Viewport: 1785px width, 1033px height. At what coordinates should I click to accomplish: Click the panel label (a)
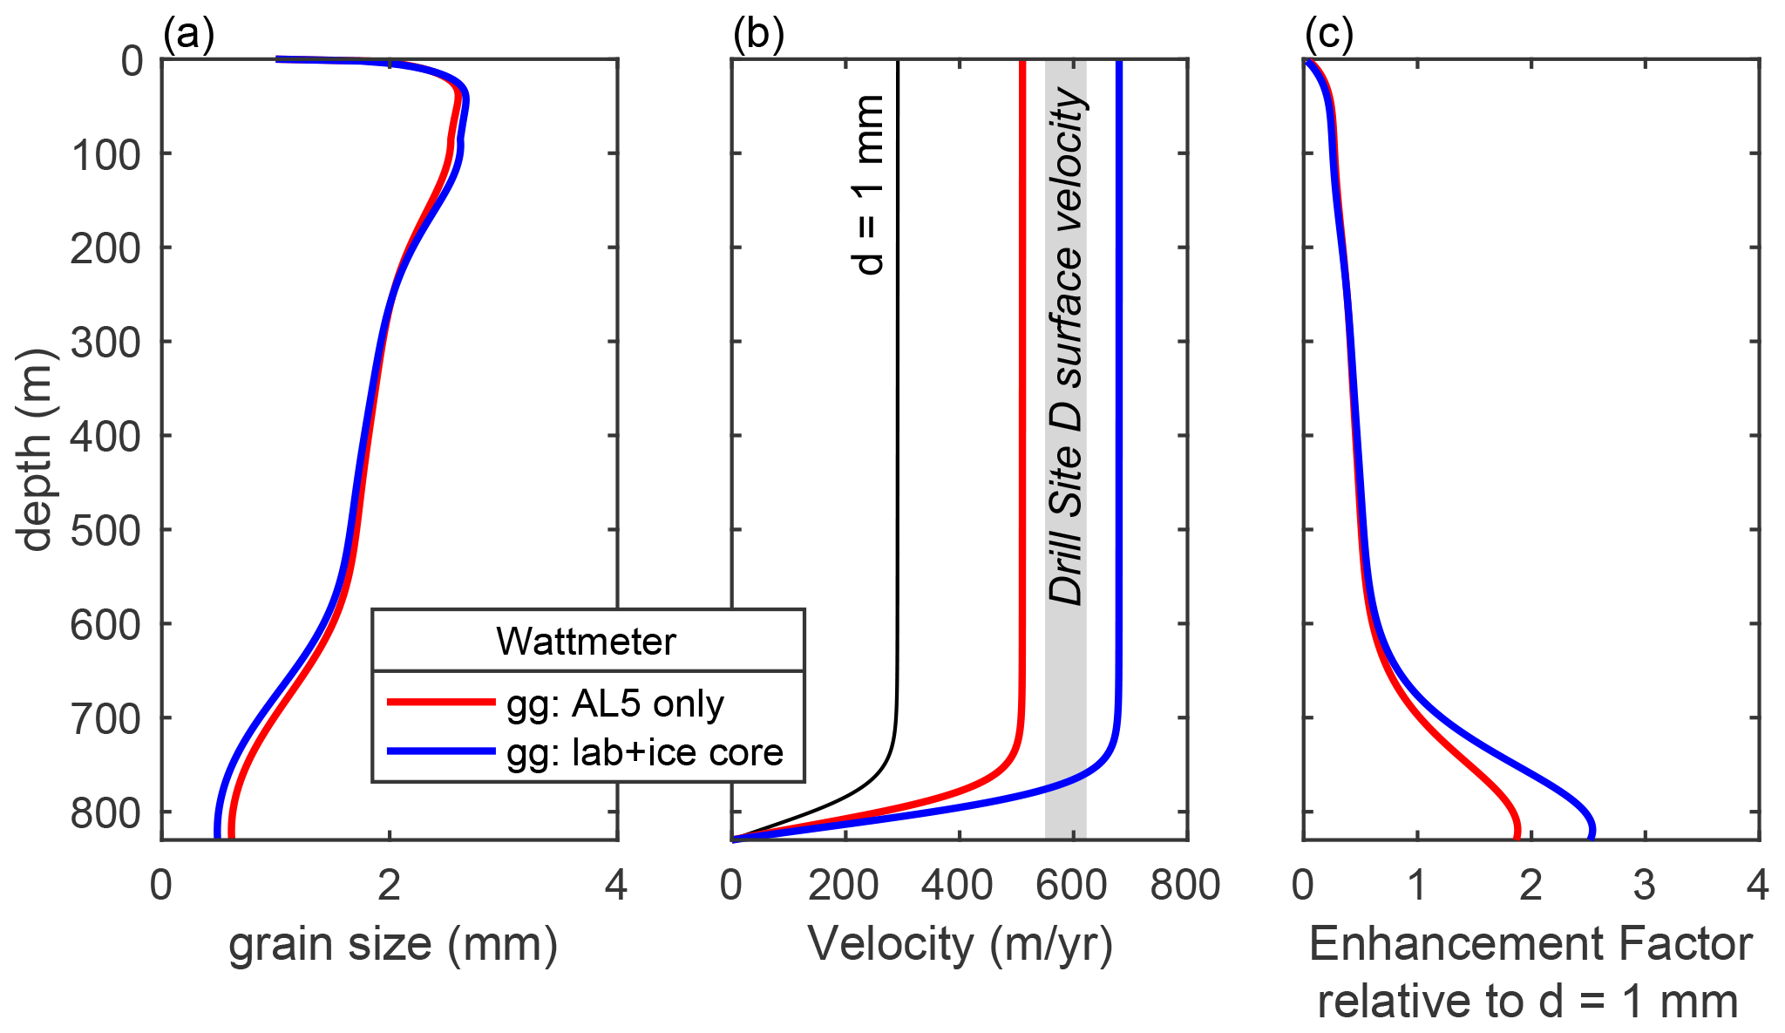pyautogui.click(x=188, y=35)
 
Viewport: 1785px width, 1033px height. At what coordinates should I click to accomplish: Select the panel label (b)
pyautogui.click(x=758, y=35)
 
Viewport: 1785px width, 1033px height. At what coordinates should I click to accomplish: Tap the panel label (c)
pyautogui.click(x=1328, y=35)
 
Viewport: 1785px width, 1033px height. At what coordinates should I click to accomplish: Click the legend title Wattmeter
pyautogui.click(x=586, y=642)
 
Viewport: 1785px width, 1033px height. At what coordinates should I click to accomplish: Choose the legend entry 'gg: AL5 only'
pyautogui.click(x=615, y=703)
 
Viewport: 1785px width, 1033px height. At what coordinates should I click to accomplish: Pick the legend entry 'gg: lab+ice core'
pyautogui.click(x=645, y=751)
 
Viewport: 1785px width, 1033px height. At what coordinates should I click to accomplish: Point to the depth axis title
pyautogui.click(x=37, y=450)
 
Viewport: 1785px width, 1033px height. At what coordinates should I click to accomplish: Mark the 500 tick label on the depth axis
pyautogui.click(x=105, y=531)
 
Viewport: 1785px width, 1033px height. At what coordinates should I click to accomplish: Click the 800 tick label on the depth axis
pyautogui.click(x=105, y=813)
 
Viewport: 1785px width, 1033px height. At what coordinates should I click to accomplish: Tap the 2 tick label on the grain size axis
pyautogui.click(x=390, y=887)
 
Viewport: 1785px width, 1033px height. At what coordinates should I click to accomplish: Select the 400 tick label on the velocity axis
pyautogui.click(x=957, y=887)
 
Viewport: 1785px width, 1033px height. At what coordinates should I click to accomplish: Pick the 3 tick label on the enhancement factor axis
pyautogui.click(x=1644, y=887)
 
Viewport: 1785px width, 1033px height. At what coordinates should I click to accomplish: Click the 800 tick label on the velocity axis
pyautogui.click(x=1185, y=887)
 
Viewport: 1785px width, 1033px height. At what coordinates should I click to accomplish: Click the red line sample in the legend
pyautogui.click(x=441, y=702)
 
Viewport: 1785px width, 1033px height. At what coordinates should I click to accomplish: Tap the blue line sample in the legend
pyautogui.click(x=441, y=751)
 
